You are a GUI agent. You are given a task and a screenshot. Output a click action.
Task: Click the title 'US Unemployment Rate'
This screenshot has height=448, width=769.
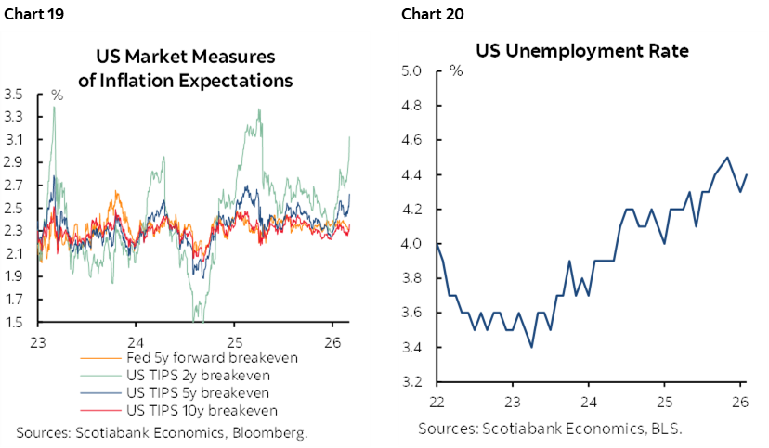582,50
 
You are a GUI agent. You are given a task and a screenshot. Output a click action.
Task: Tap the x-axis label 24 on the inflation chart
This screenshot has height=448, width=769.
135,339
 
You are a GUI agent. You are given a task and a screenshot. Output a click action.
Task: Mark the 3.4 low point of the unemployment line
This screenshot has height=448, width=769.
531,347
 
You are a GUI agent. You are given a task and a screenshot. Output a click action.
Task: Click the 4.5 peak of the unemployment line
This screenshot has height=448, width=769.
726,158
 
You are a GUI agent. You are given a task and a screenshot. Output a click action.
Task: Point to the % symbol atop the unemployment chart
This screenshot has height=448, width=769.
456,70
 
